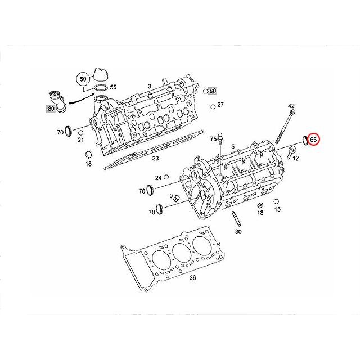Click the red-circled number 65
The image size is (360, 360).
pyautogui.click(x=314, y=138)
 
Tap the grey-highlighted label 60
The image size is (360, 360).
pyautogui.click(x=213, y=91)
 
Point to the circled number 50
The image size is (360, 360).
pyautogui.click(x=83, y=78)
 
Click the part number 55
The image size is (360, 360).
pyautogui.click(x=113, y=87)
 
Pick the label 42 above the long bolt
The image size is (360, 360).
pyautogui.click(x=291, y=106)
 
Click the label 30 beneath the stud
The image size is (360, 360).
pyautogui.click(x=238, y=232)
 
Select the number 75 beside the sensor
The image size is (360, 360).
pyautogui.click(x=213, y=138)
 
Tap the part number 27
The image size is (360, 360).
pyautogui.click(x=220, y=105)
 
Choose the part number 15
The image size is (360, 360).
pyautogui.click(x=277, y=209)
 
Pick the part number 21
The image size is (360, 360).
pyautogui.click(x=80, y=139)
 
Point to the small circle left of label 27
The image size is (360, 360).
pyautogui.click(x=211, y=106)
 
